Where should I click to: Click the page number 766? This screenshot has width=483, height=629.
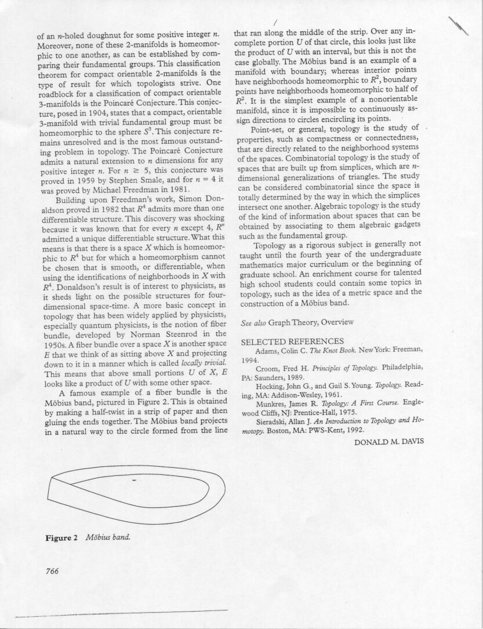[52, 570]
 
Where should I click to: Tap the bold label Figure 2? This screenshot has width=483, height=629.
[61, 537]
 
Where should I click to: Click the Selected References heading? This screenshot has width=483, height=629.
[292, 341]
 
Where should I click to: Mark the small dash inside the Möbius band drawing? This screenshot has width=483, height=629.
[135, 481]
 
